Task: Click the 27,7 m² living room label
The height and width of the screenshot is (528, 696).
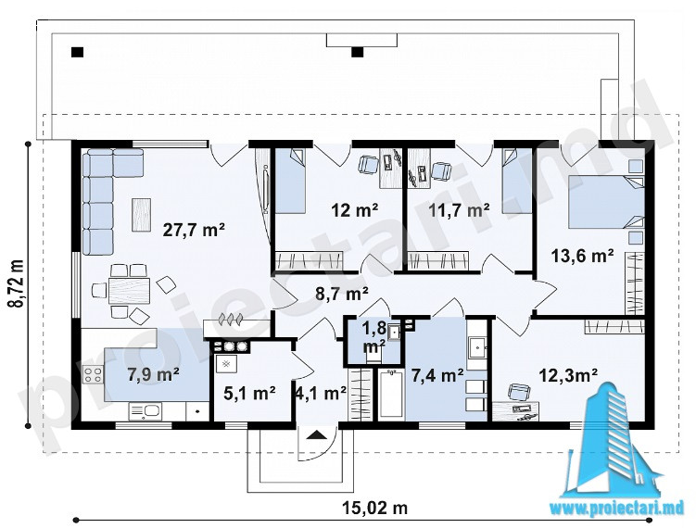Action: pyautogui.click(x=194, y=230)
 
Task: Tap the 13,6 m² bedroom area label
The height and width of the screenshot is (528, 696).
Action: pyautogui.click(x=582, y=256)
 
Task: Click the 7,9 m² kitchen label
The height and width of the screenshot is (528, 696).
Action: pyautogui.click(x=153, y=374)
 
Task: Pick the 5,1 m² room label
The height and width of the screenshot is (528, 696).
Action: pyautogui.click(x=249, y=393)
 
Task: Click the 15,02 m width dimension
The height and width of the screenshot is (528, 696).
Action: pyautogui.click(x=375, y=507)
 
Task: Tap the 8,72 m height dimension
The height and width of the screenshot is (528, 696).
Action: pyautogui.click(x=18, y=283)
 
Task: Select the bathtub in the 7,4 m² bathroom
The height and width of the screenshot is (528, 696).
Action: pyautogui.click(x=391, y=394)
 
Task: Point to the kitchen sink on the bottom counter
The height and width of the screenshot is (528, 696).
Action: pyautogui.click(x=145, y=411)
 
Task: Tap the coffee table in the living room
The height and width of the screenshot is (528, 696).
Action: pyautogui.click(x=142, y=215)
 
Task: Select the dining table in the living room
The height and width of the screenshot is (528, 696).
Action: pyautogui.click(x=129, y=291)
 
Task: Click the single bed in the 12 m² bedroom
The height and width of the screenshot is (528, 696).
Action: pyautogui.click(x=290, y=181)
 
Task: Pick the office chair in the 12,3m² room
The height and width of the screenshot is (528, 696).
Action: pyautogui.click(x=518, y=392)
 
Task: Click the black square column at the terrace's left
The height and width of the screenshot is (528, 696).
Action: pyautogui.click(x=77, y=52)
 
